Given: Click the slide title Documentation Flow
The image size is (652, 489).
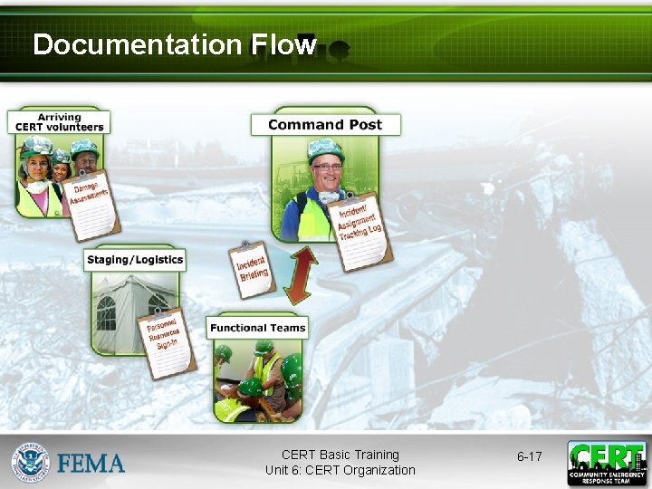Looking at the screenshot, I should [x=174, y=44].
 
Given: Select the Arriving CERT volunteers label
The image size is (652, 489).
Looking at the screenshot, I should [x=59, y=122].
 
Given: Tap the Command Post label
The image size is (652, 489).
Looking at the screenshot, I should [x=324, y=125].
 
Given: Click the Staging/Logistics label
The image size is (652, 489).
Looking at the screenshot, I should [x=134, y=260].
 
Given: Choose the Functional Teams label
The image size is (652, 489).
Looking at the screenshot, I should [x=257, y=328].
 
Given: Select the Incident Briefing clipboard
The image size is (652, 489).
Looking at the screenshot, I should [x=253, y=269].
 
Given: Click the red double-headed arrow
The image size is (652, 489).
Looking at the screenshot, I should [x=300, y=275].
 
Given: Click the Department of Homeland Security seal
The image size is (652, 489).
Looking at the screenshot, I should [x=30, y=462].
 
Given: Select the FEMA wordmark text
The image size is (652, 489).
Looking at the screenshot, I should [x=91, y=464].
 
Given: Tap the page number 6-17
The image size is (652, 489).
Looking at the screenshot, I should [x=529, y=456].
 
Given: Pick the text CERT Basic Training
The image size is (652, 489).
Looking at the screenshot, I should [x=340, y=455].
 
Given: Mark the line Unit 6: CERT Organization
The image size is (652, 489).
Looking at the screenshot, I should [x=340, y=470].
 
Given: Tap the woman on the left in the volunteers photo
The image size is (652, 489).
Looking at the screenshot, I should [x=35, y=177].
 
